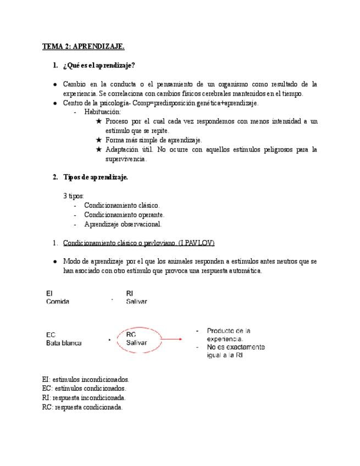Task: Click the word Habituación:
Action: [x=102, y=112]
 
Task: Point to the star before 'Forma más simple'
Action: [x=98, y=140]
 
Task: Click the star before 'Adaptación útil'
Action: [x=98, y=149]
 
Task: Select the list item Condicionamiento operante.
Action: [x=124, y=215]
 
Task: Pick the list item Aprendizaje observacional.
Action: [x=123, y=224]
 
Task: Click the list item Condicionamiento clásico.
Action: [x=122, y=206]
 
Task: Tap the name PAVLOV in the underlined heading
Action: [x=200, y=243]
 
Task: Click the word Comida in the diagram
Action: [x=58, y=302]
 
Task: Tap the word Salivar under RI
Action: [x=136, y=302]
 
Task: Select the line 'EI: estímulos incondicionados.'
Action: [x=86, y=379]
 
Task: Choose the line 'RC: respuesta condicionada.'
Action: [x=82, y=407]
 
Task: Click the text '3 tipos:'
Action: [x=73, y=196]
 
